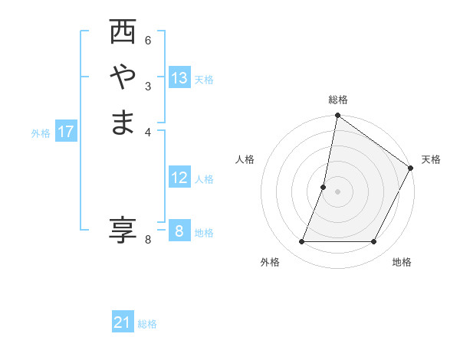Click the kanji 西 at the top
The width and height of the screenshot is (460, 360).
point(123,33)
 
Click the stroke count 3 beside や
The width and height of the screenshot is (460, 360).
point(148,86)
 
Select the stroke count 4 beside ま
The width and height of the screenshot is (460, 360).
point(148,131)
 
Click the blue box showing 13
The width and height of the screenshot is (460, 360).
point(179,78)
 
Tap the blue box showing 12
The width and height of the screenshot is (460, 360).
point(179,178)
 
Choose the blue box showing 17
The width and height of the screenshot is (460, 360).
point(66,132)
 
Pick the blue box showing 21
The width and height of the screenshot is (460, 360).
point(123,323)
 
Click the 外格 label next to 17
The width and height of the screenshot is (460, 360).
point(41,133)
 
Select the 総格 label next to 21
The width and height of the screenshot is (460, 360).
point(147,324)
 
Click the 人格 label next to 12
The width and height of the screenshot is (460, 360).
point(204,179)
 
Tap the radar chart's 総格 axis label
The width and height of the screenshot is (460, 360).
point(337,100)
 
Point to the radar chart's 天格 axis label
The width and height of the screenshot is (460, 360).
point(431,159)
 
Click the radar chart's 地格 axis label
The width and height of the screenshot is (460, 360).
point(402,263)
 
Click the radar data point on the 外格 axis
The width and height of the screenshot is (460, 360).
point(302,241)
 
